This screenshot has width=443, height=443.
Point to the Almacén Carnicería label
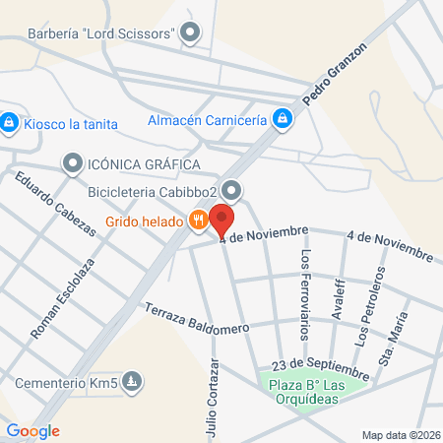coord(206,120)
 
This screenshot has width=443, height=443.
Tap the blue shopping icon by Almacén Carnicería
coord(283,119)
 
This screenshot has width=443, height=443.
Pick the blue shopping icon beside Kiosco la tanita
coord(9,122)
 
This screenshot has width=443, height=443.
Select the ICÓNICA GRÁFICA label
coord(144,163)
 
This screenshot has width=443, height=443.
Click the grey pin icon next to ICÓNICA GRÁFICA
coord(73,162)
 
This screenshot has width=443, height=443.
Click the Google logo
coord(32,430)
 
